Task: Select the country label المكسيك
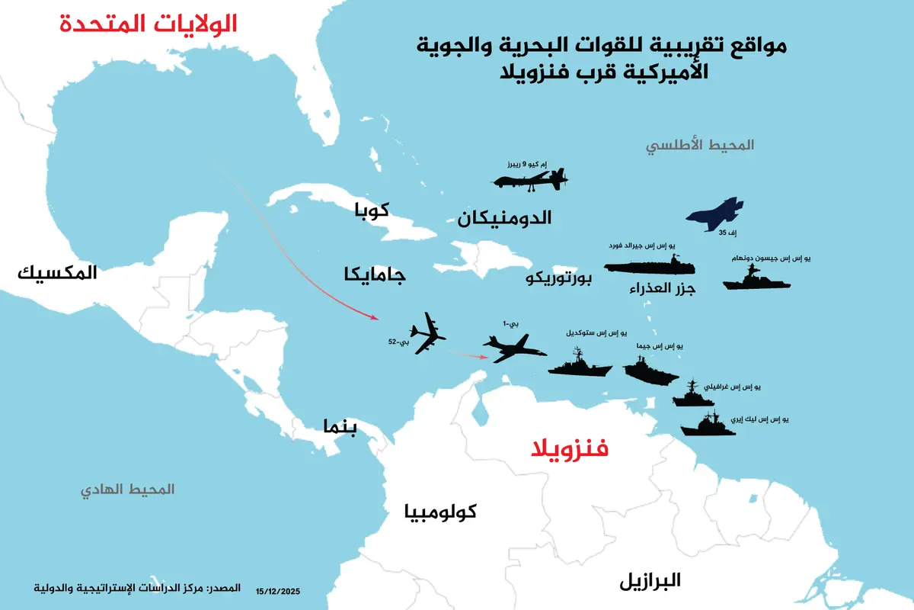coord(56,272)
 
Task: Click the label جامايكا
coord(375,275)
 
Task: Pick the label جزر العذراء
coord(663,289)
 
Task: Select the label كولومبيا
coord(439,512)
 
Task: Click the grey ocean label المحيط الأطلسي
coord(700,144)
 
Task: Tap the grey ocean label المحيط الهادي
coord(128,489)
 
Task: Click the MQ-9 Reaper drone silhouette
coord(529,179)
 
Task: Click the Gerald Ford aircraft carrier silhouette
coord(650,265)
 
